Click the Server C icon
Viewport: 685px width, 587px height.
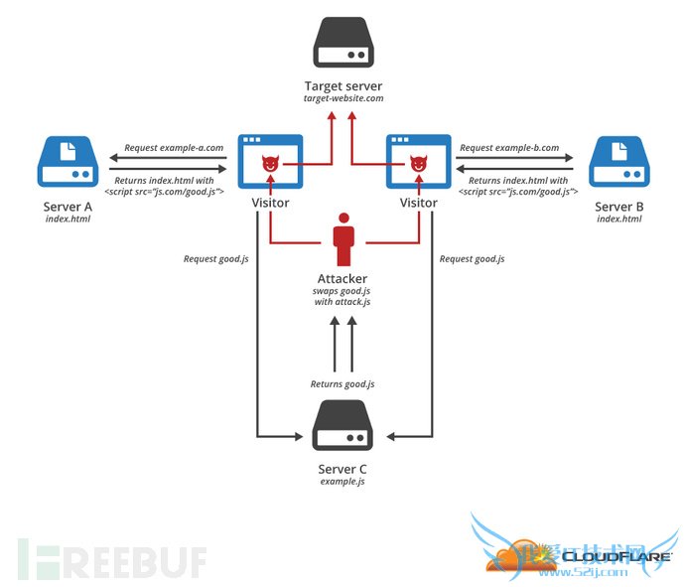(x=342, y=427)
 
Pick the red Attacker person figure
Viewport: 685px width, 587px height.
(x=342, y=239)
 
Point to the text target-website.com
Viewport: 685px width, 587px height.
(x=342, y=100)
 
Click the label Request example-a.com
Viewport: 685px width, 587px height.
(x=173, y=148)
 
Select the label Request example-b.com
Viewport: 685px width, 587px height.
(x=509, y=148)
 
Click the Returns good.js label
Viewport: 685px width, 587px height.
(x=342, y=383)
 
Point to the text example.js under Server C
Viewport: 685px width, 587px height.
(x=342, y=481)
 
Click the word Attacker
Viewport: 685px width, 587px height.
(x=342, y=279)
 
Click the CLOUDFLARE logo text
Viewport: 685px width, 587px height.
(x=616, y=556)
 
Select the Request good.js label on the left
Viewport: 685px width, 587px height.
(x=215, y=258)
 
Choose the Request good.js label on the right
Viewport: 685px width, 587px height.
(x=472, y=258)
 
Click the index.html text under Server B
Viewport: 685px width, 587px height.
(x=618, y=219)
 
